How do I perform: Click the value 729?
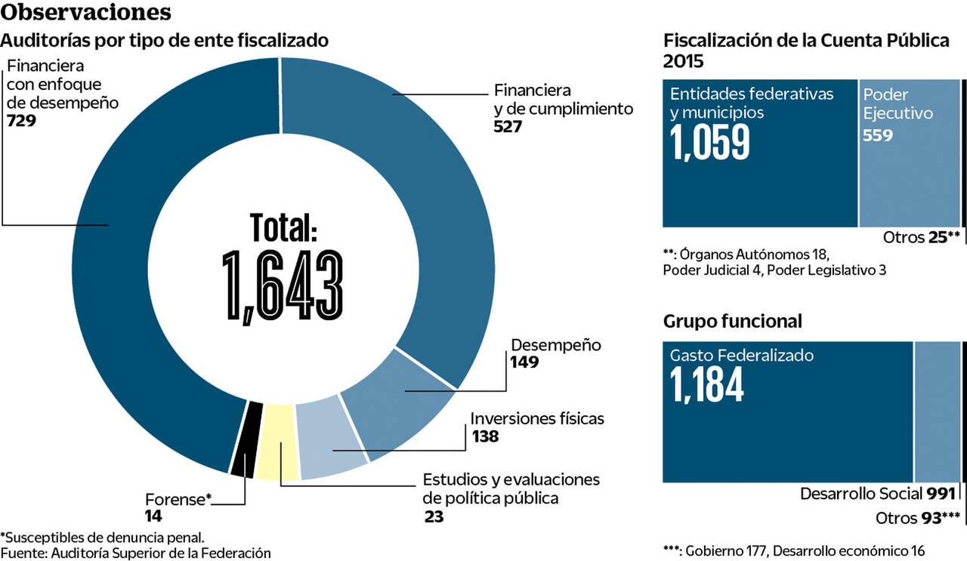tap(21, 121)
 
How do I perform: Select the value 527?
tap(508, 126)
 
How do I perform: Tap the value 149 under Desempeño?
tap(525, 362)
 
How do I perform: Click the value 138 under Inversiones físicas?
tap(485, 436)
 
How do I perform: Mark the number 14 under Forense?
tap(153, 517)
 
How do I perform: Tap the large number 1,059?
tap(710, 142)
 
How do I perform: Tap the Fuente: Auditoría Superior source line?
tap(136, 553)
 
